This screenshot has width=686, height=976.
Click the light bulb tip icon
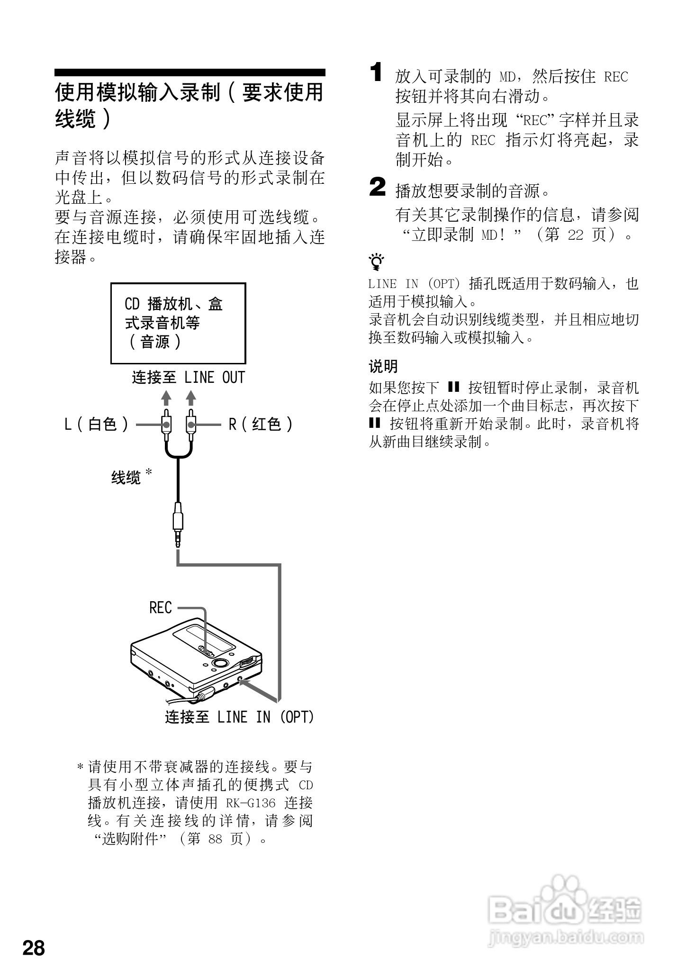tap(376, 261)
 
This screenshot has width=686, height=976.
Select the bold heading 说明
tap(383, 366)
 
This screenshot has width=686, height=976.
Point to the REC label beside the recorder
tap(160, 608)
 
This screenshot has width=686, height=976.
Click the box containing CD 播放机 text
tap(178, 323)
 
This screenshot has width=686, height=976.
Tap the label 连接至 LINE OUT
tap(188, 378)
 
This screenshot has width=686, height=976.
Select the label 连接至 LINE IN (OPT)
tap(239, 717)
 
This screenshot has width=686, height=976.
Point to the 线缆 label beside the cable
tap(126, 478)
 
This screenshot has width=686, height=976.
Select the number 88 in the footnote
tap(215, 839)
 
